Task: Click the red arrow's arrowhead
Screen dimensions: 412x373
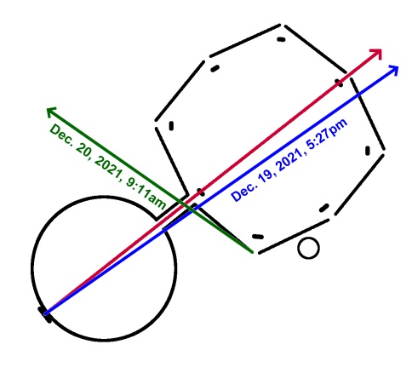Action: click(377, 53)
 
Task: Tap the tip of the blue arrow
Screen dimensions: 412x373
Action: click(398, 66)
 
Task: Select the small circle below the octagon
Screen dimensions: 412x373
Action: click(308, 248)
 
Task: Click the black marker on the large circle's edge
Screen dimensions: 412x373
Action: click(45, 314)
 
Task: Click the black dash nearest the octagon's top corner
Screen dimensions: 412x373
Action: click(281, 39)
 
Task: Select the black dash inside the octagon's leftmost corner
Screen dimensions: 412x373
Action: click(171, 126)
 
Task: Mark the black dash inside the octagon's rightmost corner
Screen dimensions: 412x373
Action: click(368, 151)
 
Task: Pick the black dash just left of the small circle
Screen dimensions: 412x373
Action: click(258, 237)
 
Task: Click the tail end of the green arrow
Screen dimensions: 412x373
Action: click(252, 252)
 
